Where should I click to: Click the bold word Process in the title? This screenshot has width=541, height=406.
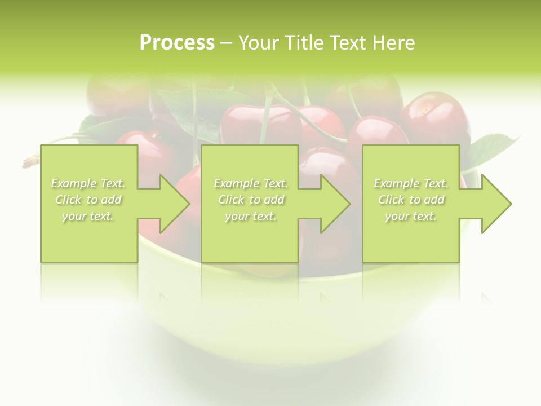[177, 43]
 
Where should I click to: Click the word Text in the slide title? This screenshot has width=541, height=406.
[348, 43]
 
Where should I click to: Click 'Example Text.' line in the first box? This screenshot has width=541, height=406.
[88, 183]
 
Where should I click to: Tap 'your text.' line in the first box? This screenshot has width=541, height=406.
[88, 216]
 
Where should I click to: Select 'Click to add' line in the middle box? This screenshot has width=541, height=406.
[251, 200]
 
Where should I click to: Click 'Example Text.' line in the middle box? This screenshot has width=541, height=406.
[251, 183]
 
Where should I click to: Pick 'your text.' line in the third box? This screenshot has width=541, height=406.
[411, 216]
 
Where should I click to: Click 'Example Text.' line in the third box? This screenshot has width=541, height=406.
[411, 183]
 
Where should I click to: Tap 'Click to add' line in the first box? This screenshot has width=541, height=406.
[88, 200]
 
